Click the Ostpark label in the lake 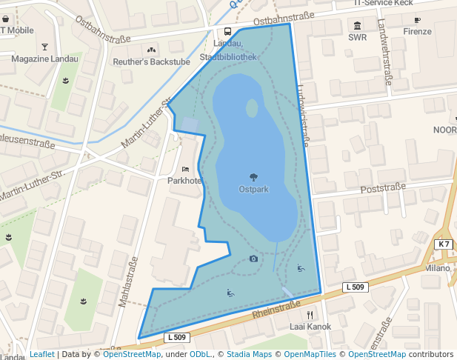pos(253,189)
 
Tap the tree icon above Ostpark pos(253,177)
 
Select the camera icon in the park pos(253,259)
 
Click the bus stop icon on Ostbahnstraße pos(227,32)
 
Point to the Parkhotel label pos(184,181)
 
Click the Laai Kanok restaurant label pos(310,326)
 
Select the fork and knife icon pos(310,314)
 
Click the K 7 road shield pos(443,244)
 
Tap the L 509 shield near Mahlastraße pos(176,338)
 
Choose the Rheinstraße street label pos(276,307)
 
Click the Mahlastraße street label pos(128,282)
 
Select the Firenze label pos(417,32)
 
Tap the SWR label pos(357,37)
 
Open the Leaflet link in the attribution pos(41,354)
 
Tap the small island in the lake pos(252,108)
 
